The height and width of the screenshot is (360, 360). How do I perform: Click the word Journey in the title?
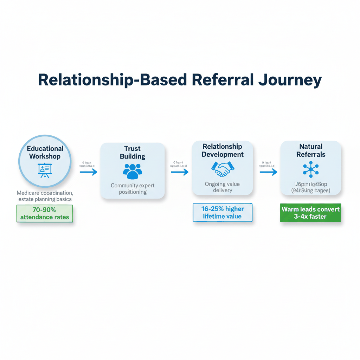(x=290, y=80)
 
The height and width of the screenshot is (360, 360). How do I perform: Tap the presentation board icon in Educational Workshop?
(x=45, y=170)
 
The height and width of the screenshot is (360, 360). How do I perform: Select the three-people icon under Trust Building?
(x=133, y=171)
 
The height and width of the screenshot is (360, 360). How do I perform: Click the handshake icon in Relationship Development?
(x=223, y=169)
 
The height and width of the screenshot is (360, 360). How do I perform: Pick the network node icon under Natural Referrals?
(x=311, y=170)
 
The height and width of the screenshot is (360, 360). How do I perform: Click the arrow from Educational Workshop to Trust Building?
(x=88, y=172)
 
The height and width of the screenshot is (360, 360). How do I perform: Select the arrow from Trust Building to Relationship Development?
(x=179, y=172)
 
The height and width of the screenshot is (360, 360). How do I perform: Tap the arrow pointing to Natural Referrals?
(x=268, y=172)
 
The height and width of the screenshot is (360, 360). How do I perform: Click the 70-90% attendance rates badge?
(x=45, y=213)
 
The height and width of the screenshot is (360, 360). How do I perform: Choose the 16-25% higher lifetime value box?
(x=222, y=213)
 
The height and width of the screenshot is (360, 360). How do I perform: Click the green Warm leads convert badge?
(x=310, y=213)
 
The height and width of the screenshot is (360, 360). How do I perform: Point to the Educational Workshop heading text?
(x=45, y=152)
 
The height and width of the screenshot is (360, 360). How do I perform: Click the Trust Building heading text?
(x=133, y=152)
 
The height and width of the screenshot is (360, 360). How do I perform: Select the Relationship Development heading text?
(x=223, y=150)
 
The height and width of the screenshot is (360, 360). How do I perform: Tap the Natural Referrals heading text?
(x=311, y=150)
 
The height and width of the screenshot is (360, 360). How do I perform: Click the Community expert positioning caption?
(x=133, y=189)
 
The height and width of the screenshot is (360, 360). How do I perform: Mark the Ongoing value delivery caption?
(x=223, y=187)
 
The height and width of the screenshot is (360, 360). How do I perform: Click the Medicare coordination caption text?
(x=45, y=196)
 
